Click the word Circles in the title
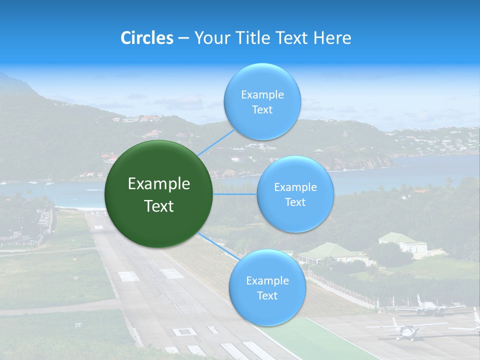(146, 38)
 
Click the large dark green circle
(158, 194)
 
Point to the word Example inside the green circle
(159, 184)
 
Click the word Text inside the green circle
(159, 206)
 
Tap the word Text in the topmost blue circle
(262, 110)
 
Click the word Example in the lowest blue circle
(267, 281)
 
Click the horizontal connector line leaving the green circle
(235, 194)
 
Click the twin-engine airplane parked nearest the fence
(428, 307)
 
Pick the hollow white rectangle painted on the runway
(184, 331)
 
